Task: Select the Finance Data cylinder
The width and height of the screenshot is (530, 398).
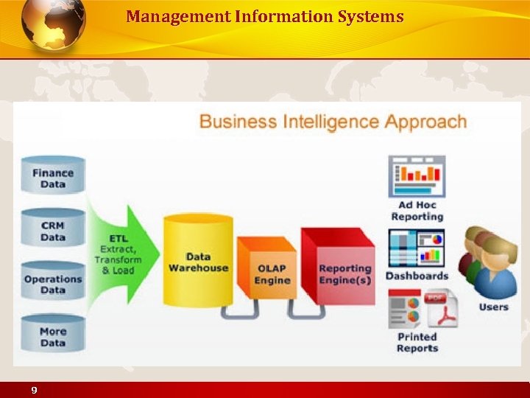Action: click(53, 175)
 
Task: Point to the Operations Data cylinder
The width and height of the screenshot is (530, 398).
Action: click(53, 281)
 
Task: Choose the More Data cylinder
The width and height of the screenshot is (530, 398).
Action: click(53, 335)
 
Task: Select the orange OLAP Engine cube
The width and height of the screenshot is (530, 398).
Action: click(268, 269)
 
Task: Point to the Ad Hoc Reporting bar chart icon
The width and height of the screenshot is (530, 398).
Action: click(417, 177)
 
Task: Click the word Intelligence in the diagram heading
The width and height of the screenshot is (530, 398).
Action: click(333, 121)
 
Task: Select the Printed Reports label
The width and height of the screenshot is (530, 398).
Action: click(417, 343)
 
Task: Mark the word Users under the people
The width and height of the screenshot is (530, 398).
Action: click(493, 307)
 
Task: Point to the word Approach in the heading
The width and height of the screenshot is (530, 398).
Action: click(427, 121)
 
